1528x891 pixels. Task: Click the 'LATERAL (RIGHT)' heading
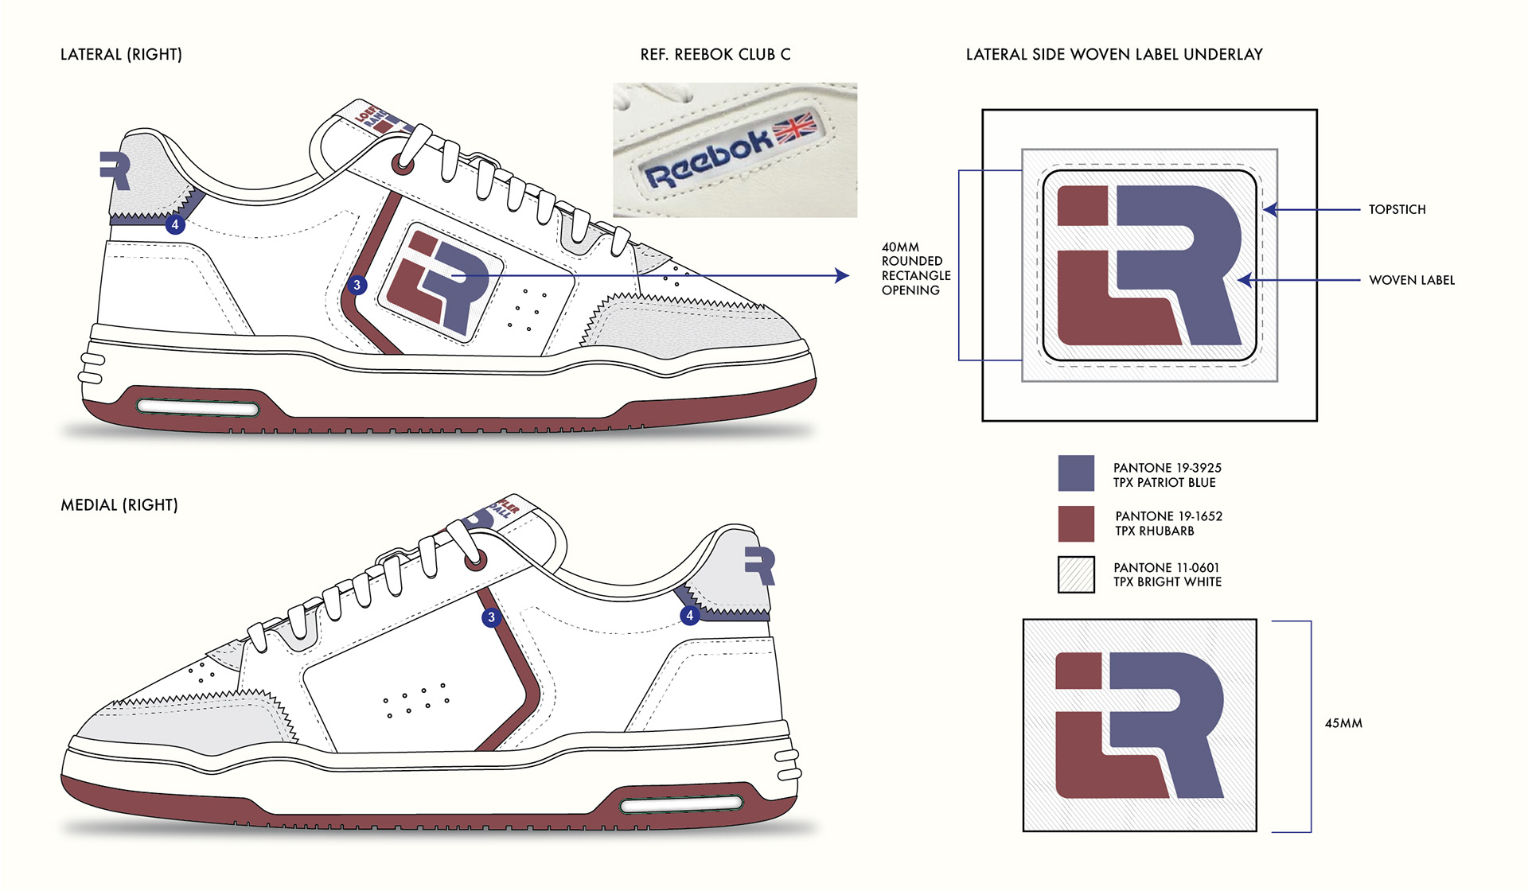121,54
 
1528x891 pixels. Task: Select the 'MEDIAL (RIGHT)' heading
119,505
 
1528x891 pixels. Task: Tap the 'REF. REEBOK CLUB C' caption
715,54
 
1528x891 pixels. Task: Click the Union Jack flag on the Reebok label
795,127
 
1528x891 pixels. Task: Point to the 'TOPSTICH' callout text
1397,209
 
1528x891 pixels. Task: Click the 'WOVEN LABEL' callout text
1411,280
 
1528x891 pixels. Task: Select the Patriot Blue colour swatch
1076,473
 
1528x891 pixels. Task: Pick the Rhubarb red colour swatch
1076,523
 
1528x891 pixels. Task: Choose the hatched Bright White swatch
1076,574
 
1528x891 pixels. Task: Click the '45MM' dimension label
1343,723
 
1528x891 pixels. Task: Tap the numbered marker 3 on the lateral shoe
357,285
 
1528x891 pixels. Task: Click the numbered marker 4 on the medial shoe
689,615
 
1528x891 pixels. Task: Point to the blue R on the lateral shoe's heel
116,170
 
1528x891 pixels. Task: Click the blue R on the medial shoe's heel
760,566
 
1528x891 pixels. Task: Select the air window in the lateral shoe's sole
198,408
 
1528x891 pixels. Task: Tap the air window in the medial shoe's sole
681,806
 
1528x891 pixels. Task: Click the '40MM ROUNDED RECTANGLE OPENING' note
915,269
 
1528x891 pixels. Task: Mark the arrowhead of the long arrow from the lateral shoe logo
843,275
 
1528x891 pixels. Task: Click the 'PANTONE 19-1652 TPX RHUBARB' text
1167,523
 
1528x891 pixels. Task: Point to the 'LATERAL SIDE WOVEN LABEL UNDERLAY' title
1114,54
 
